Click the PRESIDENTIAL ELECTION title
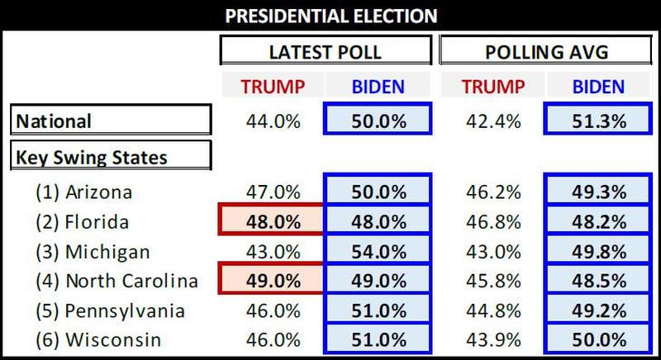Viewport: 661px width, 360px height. pyautogui.click(x=330, y=15)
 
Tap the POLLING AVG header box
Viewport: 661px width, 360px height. pyautogui.click(x=545, y=51)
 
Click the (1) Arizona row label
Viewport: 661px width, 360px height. pyautogui.click(x=84, y=192)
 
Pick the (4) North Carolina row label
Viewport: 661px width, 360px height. pyautogui.click(x=117, y=282)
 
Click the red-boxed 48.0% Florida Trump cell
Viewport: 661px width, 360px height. pyautogui.click(x=272, y=222)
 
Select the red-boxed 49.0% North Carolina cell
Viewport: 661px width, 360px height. pyautogui.click(x=272, y=282)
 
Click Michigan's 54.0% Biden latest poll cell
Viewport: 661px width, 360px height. pyautogui.click(x=378, y=252)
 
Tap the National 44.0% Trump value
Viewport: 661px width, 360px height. pyautogui.click(x=272, y=121)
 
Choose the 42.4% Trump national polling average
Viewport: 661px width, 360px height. pyautogui.click(x=494, y=121)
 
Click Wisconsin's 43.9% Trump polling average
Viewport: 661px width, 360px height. pyautogui.click(x=494, y=340)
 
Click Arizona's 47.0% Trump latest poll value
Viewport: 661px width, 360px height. pyautogui.click(x=272, y=192)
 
